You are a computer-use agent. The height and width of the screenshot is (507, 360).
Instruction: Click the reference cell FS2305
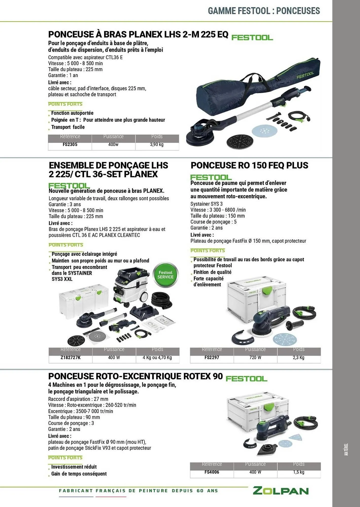(70, 145)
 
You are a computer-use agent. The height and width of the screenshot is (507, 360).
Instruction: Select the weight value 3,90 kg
(157, 145)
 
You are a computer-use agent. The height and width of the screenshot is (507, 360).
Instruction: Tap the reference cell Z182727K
(71, 358)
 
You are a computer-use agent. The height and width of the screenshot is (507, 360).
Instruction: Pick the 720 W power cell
(255, 358)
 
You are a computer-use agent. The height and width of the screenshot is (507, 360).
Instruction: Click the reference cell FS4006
(212, 472)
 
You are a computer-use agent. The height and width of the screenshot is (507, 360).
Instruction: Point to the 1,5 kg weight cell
(299, 472)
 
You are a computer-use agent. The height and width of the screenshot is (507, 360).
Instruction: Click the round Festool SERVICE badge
(165, 275)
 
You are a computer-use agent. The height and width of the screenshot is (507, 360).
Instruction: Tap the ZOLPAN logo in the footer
(281, 491)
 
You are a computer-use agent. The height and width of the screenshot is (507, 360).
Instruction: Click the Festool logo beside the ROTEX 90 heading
(246, 379)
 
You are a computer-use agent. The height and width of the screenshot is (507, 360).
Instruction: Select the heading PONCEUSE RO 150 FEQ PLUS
(249, 166)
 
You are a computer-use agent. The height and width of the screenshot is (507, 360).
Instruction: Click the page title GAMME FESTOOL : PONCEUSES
(264, 11)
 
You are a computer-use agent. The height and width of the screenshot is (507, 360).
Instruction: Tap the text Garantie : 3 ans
(65, 205)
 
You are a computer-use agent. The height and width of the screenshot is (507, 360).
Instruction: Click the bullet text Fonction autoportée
(72, 113)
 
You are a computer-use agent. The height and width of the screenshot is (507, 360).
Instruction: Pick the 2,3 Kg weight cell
(299, 358)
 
